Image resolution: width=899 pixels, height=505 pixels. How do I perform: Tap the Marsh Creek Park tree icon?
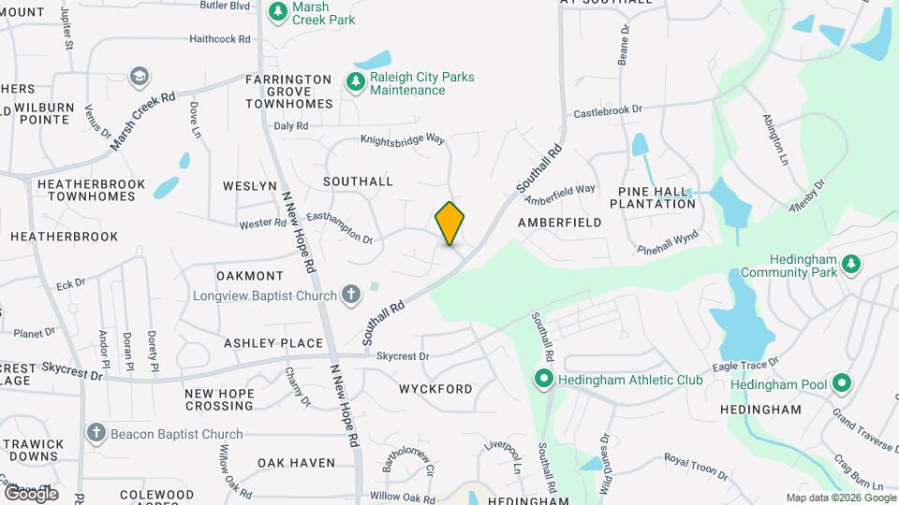pyautogui.click(x=277, y=11)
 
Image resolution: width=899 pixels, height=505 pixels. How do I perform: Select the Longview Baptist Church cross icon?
pyautogui.click(x=351, y=296)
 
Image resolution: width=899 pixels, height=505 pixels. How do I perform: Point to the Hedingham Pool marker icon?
pyautogui.click(x=841, y=384)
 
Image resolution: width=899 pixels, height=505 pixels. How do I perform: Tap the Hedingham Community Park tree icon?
pyautogui.click(x=851, y=266)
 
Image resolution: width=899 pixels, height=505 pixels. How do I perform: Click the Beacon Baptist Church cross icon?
pyautogui.click(x=96, y=433)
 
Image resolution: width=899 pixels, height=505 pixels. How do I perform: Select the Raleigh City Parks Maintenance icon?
pyautogui.click(x=356, y=83)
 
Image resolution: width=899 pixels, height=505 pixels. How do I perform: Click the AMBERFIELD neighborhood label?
pyautogui.click(x=559, y=223)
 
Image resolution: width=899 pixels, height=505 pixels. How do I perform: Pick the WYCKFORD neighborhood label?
pyautogui.click(x=435, y=388)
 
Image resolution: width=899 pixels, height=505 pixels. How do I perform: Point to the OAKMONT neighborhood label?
pyautogui.click(x=249, y=276)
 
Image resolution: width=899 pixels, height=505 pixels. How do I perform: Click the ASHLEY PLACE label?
pyautogui.click(x=273, y=343)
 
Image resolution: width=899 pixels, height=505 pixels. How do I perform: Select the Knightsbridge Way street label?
pyautogui.click(x=403, y=139)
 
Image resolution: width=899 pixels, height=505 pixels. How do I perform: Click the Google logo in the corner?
pyautogui.click(x=31, y=493)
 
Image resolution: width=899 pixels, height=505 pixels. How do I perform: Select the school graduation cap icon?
pyautogui.click(x=140, y=76)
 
